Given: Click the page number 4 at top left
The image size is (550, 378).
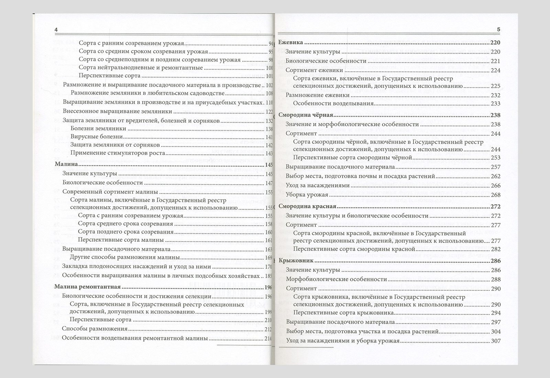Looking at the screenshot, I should (56, 30).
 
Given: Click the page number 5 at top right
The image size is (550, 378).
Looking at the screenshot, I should (499, 30).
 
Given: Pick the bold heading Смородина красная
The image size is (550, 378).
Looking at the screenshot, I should (302, 207).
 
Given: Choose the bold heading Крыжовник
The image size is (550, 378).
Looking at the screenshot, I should (296, 260).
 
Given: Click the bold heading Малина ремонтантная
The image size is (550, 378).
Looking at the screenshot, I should (88, 287).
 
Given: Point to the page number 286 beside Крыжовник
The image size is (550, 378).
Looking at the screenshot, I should (496, 261).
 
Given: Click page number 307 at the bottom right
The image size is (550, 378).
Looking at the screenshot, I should (496, 341).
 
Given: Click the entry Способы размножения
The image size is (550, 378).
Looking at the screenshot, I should (95, 329).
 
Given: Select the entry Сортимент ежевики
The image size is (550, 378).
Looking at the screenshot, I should (314, 70).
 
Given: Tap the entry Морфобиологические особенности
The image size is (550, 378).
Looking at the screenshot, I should (336, 279).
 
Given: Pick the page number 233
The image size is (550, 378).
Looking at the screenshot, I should (496, 104).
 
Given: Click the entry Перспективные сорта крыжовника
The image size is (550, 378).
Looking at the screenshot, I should (343, 313).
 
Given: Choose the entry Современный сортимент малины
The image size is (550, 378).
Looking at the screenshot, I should (110, 192).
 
